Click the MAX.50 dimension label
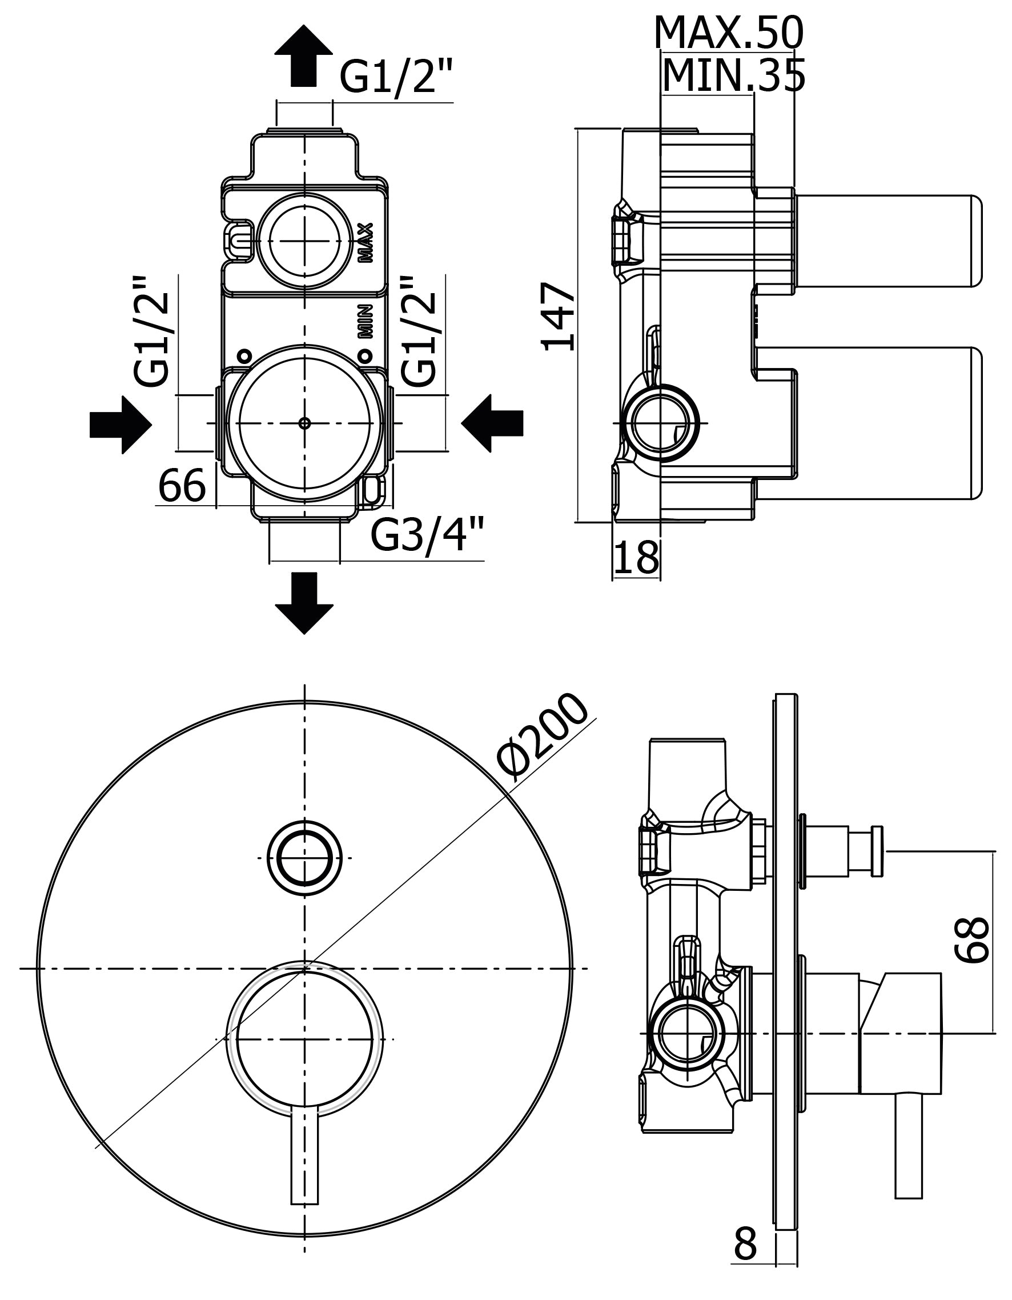(728, 33)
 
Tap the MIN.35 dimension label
(733, 75)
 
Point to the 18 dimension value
(636, 558)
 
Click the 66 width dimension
(182, 486)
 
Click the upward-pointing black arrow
(303, 57)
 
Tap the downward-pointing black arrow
(304, 602)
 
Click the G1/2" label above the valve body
(396, 77)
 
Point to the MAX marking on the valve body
(366, 242)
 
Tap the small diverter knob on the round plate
(304, 858)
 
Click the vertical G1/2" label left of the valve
(152, 331)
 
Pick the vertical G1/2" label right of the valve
(418, 331)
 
